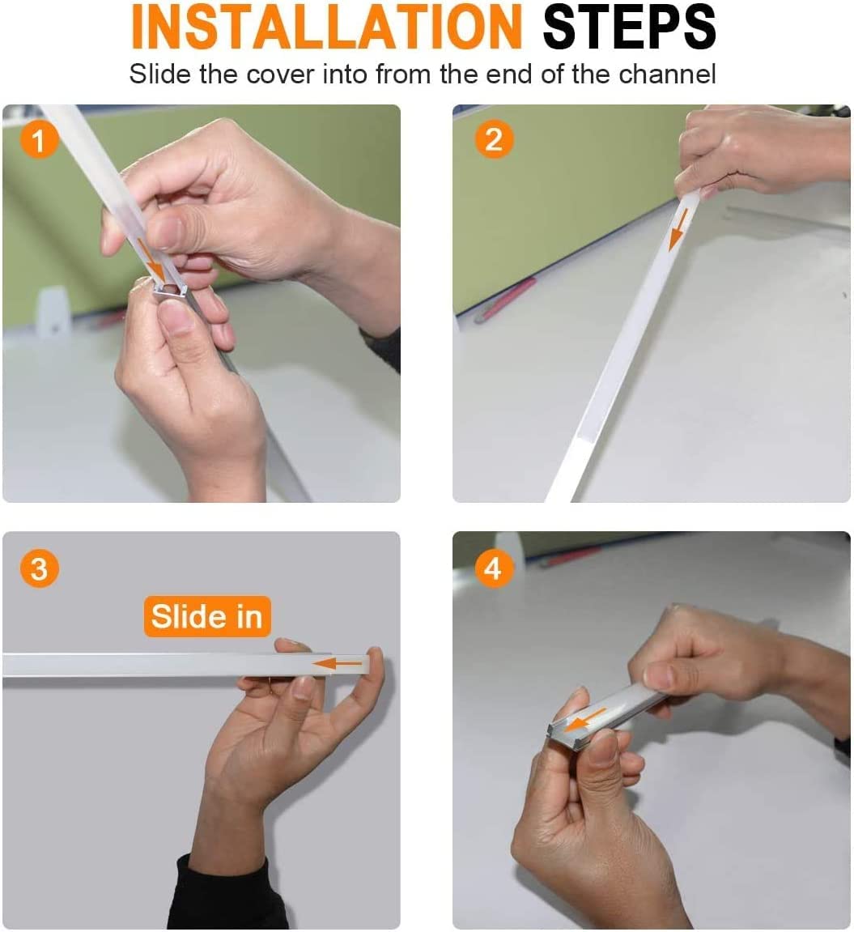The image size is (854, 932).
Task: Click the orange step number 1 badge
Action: point(39,141)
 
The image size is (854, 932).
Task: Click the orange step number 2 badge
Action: point(493,140)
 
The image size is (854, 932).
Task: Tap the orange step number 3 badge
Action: point(39,568)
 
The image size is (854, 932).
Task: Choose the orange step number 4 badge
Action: point(493,568)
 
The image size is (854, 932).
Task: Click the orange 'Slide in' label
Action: point(206,617)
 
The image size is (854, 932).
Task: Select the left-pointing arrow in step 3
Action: point(338,664)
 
